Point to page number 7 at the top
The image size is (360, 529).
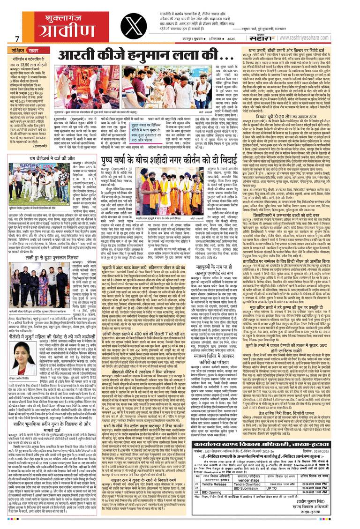tap(16, 38)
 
